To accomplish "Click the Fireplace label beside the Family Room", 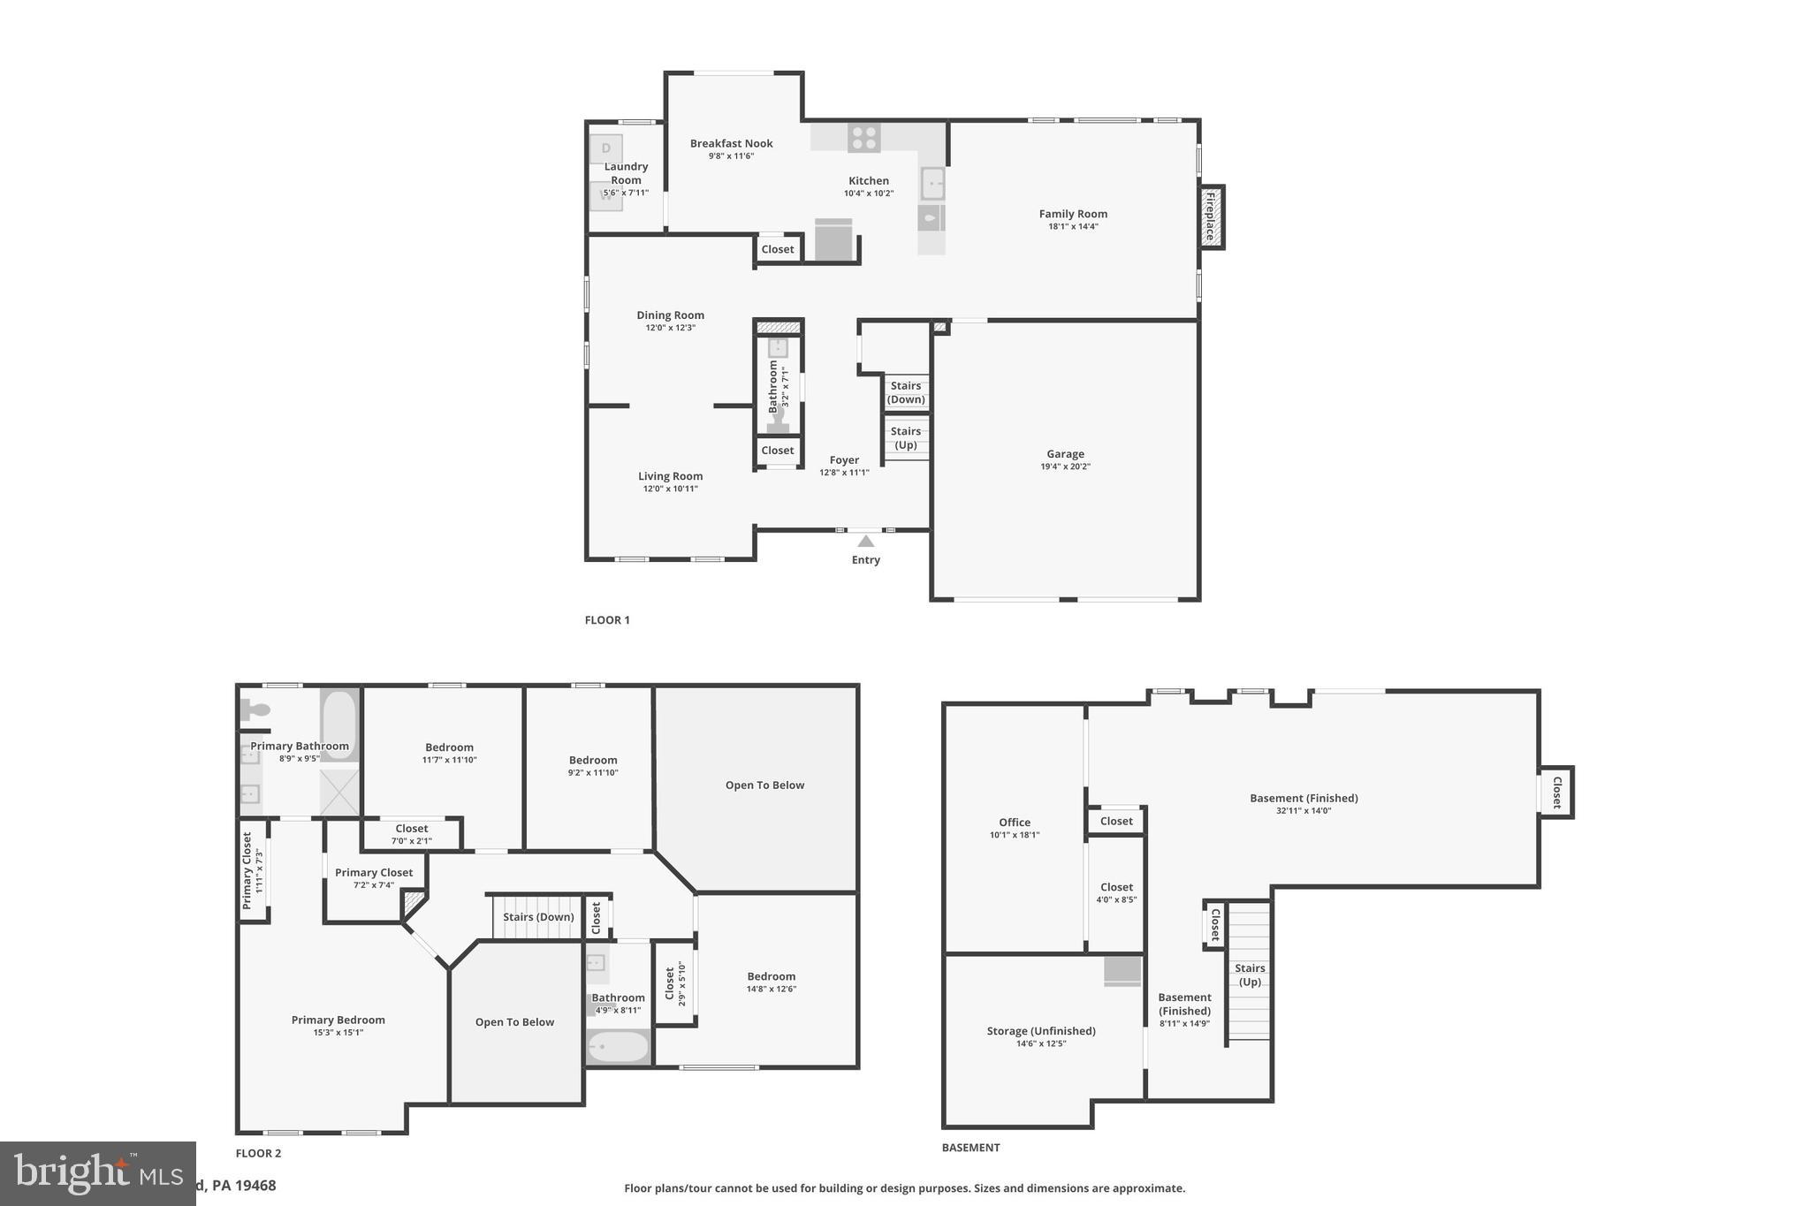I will [x=1211, y=216].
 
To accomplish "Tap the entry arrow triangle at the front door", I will [x=866, y=541].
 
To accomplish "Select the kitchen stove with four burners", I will [x=864, y=138].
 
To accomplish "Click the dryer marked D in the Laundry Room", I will [x=606, y=148].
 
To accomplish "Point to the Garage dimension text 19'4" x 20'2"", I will [x=1065, y=466].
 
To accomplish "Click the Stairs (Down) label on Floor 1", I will [x=906, y=392].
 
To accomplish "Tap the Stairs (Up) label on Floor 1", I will [x=906, y=438].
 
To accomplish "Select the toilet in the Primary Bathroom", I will [x=256, y=709].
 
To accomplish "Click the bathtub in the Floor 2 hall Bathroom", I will [x=619, y=1047].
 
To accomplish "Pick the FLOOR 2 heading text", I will [x=258, y=1153].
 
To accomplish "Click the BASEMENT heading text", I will [x=970, y=1148].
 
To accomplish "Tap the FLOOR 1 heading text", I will [x=607, y=620].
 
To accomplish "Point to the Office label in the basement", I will [x=1015, y=822].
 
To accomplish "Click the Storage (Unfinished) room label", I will [x=1041, y=1031].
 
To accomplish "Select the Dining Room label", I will [x=670, y=315].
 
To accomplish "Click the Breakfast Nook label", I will [x=731, y=143].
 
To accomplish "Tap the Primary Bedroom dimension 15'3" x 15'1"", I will [x=338, y=1033].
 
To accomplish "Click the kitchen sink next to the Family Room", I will [x=932, y=184].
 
